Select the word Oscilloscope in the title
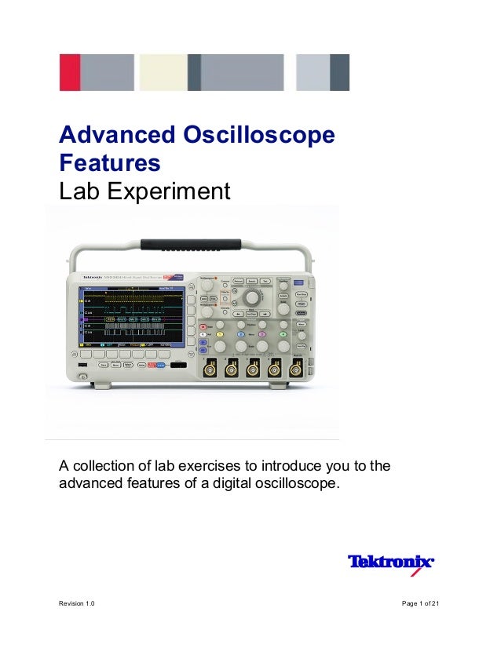click(268, 136)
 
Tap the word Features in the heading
click(110, 163)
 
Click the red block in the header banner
click(70, 72)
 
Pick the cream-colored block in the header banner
click(163, 72)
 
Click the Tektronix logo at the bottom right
click(390, 562)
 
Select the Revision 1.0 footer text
click(78, 602)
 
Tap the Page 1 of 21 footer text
click(420, 602)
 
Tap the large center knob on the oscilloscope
click(252, 299)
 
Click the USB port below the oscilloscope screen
click(81, 366)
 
